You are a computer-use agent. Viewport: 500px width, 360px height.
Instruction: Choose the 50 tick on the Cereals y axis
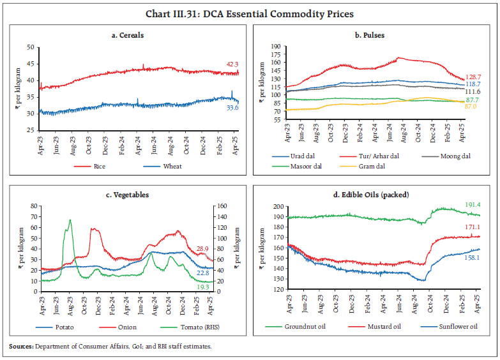click(x=29, y=47)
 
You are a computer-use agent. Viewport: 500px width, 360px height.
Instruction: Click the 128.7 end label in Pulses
click(x=473, y=76)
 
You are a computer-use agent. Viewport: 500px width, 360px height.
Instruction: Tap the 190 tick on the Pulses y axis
click(x=276, y=47)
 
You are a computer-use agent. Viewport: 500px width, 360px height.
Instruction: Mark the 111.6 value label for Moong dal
click(x=473, y=92)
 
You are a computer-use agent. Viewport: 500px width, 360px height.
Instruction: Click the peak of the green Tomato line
click(x=70, y=220)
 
